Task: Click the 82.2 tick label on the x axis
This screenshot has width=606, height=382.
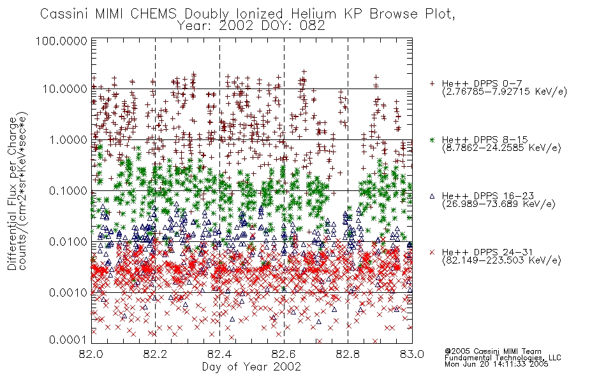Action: [x=156, y=354]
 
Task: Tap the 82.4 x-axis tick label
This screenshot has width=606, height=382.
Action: [x=219, y=354]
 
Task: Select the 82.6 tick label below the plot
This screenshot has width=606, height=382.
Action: [x=284, y=354]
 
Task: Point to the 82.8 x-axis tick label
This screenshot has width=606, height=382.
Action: [x=348, y=354]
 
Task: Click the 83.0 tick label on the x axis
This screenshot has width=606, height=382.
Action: [x=412, y=354]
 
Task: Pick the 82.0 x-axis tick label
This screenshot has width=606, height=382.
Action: [x=91, y=354]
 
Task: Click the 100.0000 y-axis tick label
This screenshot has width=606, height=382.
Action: [x=61, y=41]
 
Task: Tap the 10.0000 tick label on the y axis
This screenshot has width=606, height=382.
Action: [x=65, y=89]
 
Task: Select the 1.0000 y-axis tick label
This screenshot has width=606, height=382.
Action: [x=68, y=139]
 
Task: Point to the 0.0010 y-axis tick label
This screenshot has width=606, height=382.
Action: [x=68, y=292]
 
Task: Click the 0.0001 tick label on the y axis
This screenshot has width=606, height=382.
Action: [x=68, y=340]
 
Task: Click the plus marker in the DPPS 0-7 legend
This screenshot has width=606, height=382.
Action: [x=432, y=83]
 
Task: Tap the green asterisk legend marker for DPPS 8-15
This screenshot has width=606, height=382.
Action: [x=432, y=139]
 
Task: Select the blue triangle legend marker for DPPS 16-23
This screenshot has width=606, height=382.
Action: [x=432, y=196]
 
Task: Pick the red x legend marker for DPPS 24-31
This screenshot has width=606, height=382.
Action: [x=432, y=252]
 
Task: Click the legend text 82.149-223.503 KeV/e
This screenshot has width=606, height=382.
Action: [x=501, y=260]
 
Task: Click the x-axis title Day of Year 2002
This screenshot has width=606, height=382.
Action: [x=251, y=367]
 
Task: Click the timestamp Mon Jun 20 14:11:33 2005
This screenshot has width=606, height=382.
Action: [x=496, y=364]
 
